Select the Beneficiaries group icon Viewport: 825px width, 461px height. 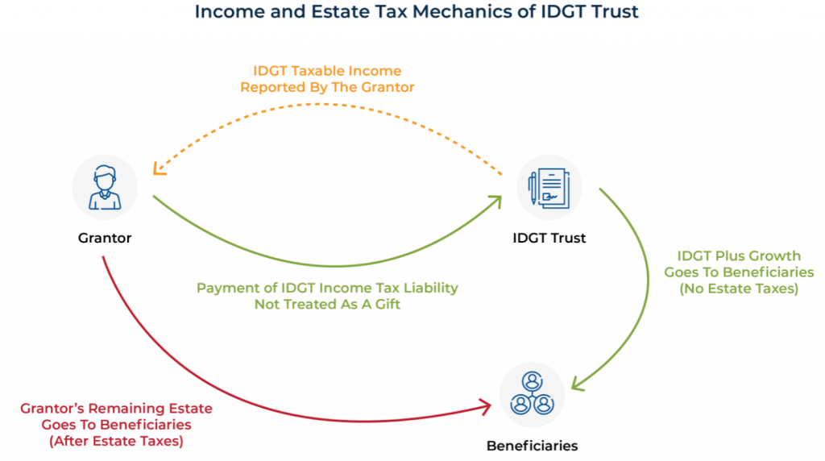(x=532, y=394)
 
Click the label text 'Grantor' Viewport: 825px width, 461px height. (x=105, y=238)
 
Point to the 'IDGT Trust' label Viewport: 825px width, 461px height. (x=549, y=238)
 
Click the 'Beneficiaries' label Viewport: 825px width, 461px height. (x=532, y=445)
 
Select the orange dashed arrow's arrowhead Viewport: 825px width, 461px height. (x=159, y=169)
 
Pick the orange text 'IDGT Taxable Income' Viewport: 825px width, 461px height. (x=327, y=72)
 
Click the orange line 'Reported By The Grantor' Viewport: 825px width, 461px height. (x=327, y=87)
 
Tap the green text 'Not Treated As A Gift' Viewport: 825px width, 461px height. (x=327, y=304)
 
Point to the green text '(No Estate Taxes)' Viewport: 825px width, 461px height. (x=739, y=288)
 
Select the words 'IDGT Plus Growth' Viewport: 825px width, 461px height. (x=739, y=256)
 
